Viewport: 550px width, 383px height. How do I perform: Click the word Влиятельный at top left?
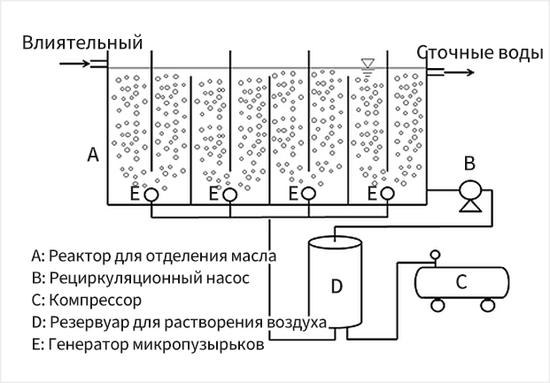point(82,42)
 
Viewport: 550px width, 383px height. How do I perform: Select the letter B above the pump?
point(471,162)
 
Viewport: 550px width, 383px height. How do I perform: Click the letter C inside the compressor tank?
point(461,282)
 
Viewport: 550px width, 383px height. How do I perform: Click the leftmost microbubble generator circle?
point(151,193)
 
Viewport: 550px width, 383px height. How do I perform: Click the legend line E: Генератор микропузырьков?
point(147,344)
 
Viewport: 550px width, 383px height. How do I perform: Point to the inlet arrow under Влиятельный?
point(73,63)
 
